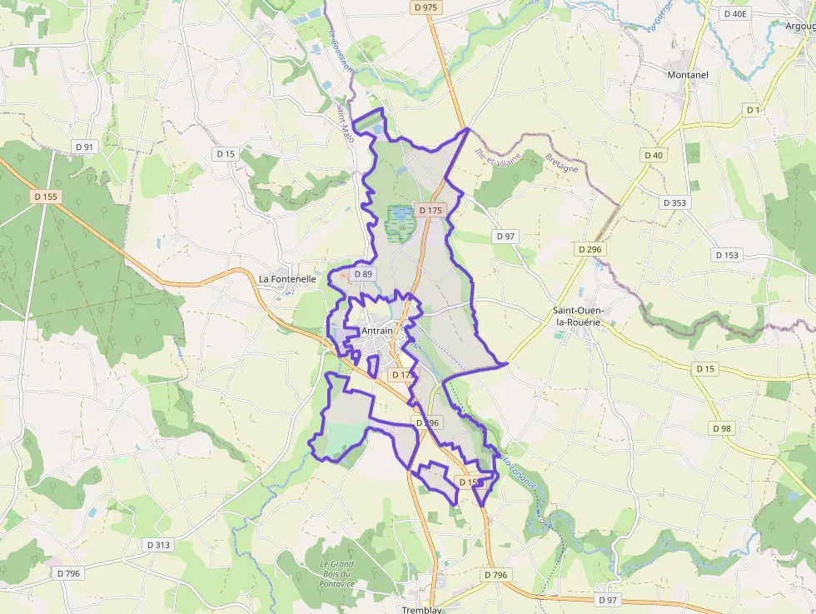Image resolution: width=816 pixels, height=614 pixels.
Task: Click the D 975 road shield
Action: click(x=425, y=7)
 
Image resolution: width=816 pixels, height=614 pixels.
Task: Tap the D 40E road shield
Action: click(x=735, y=13)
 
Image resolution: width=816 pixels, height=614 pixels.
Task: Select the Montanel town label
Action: click(x=687, y=75)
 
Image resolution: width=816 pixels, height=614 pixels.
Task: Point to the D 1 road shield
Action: click(x=754, y=110)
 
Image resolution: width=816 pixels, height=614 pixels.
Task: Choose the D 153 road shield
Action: click(x=726, y=255)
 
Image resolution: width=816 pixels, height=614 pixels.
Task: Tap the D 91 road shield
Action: click(x=85, y=147)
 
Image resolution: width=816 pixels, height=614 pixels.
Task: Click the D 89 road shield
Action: click(x=363, y=273)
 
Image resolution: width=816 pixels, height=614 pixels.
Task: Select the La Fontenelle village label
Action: click(x=287, y=279)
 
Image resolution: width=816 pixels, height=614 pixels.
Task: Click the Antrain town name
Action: click(x=377, y=332)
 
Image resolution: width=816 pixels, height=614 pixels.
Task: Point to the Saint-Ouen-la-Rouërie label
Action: click(x=580, y=317)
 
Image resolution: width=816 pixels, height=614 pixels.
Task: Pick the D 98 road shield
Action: click(x=722, y=428)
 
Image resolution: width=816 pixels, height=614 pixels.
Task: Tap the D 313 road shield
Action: click(x=158, y=545)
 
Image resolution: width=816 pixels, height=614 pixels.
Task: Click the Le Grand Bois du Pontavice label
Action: click(x=336, y=574)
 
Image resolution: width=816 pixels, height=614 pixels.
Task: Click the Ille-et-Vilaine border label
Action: click(x=497, y=156)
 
